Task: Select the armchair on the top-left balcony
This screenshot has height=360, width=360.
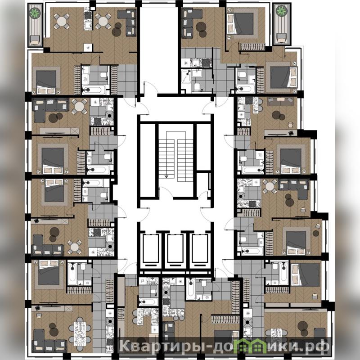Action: pos(35,40)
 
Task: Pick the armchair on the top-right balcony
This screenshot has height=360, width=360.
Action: pos(281,38)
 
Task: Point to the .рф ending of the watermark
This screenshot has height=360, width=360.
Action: pos(317,345)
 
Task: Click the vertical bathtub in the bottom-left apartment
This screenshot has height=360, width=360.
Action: pos(72,274)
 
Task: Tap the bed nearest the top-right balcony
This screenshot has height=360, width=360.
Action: pos(241,24)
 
